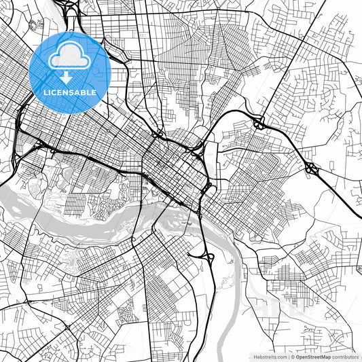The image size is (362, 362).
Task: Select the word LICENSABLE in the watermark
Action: click(70, 92)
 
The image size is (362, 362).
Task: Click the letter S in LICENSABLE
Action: click(71, 92)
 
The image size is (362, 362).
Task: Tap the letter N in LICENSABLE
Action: click(66, 92)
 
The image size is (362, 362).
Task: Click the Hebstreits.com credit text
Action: click(270, 357)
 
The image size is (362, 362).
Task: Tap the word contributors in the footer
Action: click(345, 357)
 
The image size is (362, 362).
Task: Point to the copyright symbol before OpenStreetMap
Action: click(292, 357)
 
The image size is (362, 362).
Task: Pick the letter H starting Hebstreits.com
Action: click(255, 357)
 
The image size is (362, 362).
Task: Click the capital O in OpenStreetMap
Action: click(297, 357)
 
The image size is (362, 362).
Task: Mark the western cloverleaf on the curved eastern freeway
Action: click(259, 122)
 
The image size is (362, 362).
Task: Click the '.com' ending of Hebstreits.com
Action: click(280, 357)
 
